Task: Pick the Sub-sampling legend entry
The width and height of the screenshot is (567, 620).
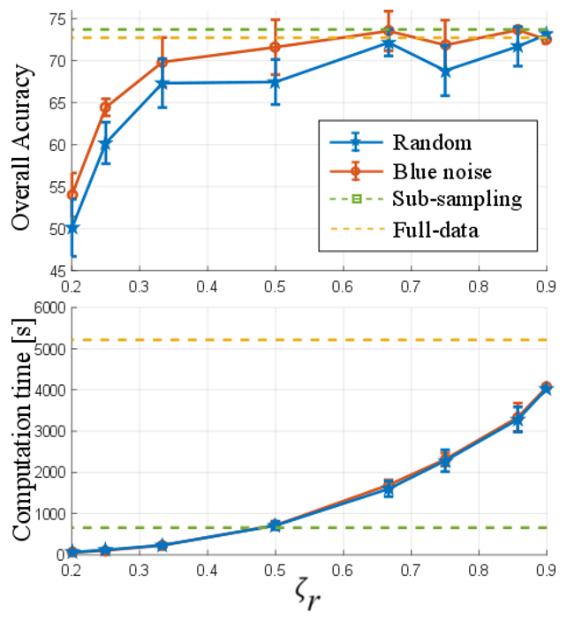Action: click(456, 200)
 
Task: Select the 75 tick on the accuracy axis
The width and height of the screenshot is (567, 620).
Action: click(55, 19)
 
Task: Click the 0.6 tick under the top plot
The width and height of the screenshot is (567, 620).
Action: click(344, 288)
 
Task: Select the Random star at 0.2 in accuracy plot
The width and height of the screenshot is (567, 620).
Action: click(72, 227)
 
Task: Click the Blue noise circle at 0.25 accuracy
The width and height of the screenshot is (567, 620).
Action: click(106, 108)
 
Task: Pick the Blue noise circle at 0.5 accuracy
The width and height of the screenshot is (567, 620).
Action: click(276, 48)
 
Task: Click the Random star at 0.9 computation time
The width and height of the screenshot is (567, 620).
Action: click(547, 388)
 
